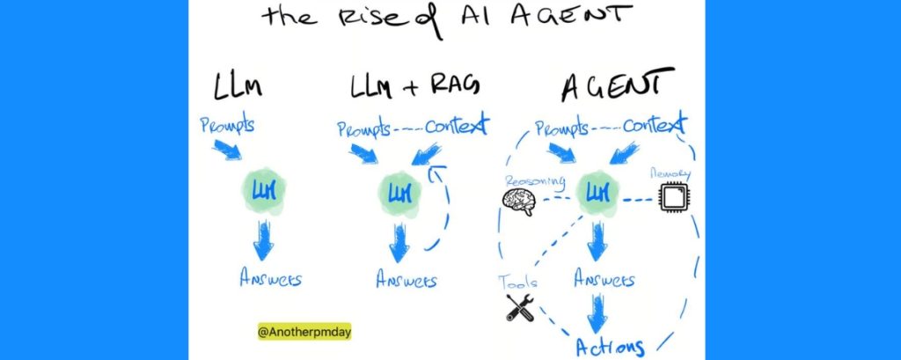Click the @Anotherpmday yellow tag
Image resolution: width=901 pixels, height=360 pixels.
pos(291,334)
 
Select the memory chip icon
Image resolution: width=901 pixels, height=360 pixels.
pos(673,198)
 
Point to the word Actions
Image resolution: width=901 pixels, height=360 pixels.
pos(610,345)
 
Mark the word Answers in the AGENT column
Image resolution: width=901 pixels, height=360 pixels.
pos(604,280)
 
